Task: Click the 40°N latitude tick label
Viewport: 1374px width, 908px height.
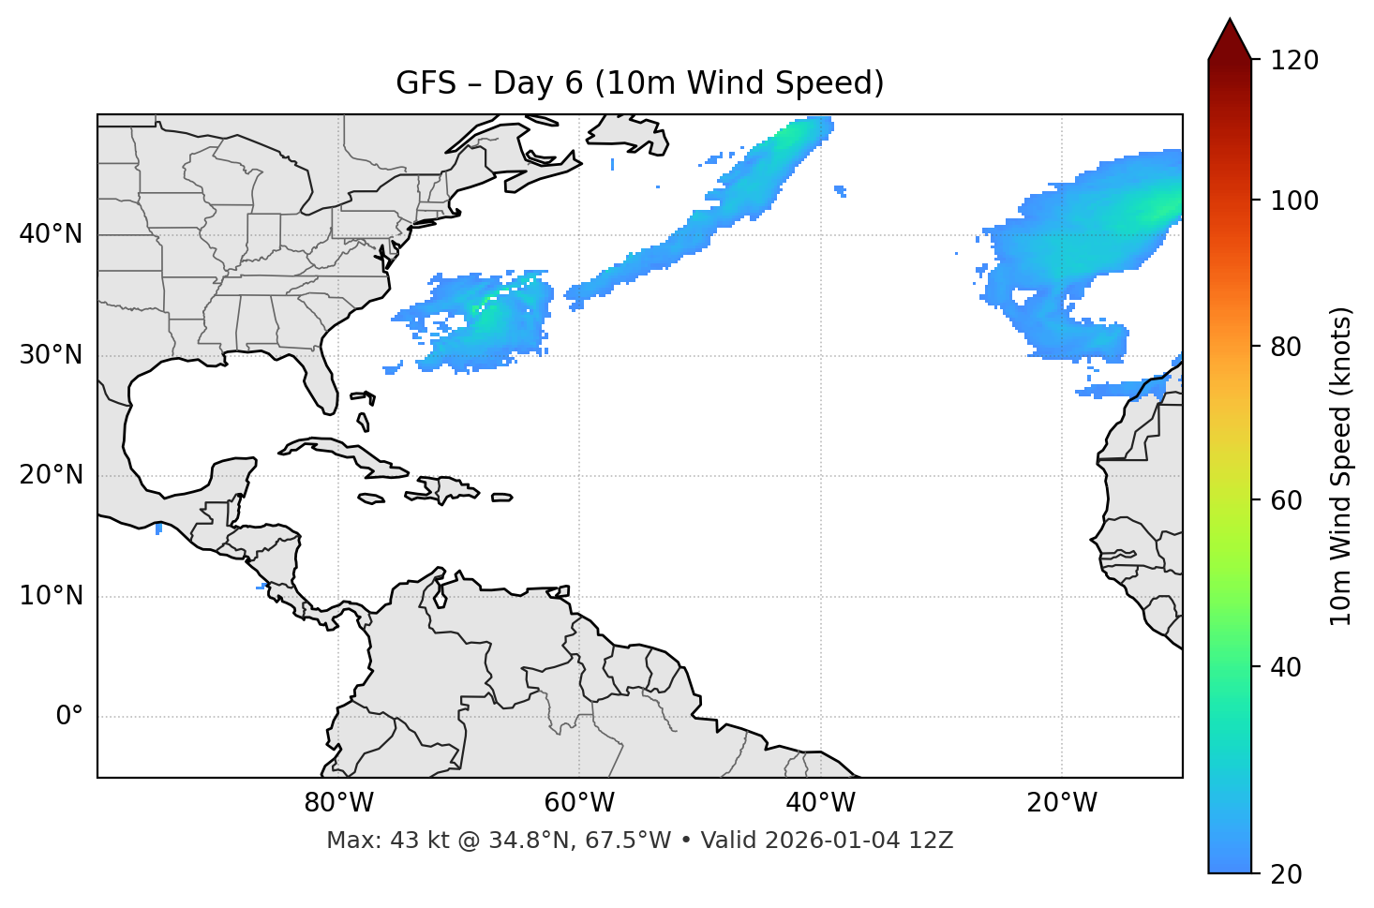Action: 51,234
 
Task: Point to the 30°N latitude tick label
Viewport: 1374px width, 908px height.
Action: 51,355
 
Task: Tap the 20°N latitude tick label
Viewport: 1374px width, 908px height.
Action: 51,475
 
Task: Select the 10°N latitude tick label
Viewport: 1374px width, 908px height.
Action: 51,596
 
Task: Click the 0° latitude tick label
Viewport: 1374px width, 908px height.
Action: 69,717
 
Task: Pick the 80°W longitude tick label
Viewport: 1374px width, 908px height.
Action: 338,803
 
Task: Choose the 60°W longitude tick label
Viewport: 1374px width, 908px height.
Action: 579,803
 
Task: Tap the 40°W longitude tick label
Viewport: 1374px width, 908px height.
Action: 821,803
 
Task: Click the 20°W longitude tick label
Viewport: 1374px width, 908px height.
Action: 1062,803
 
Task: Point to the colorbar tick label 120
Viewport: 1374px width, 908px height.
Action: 1294,61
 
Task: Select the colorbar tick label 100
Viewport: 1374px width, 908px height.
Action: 1294,201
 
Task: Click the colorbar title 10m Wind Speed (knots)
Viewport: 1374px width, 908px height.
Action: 1341,466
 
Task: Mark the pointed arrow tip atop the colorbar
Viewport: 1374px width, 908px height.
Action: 1230,21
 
